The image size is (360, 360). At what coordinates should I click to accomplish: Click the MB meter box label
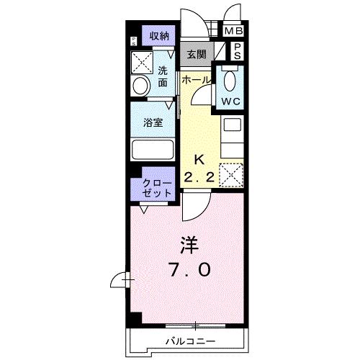tap(233, 31)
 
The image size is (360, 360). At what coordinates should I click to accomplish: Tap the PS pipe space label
tap(237, 51)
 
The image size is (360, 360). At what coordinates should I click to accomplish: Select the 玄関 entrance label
tap(197, 55)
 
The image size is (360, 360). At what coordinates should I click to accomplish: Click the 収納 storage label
tap(159, 36)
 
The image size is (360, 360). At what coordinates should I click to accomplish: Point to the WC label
tap(230, 102)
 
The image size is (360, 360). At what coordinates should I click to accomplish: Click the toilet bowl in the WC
tap(230, 81)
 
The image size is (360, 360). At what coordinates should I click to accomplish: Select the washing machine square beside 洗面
tap(142, 63)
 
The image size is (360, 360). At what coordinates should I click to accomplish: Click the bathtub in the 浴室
tap(153, 150)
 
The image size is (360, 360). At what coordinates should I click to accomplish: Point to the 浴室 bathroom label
tap(153, 122)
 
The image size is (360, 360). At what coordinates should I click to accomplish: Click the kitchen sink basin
tap(232, 125)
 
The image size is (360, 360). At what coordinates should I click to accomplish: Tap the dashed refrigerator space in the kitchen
tap(231, 175)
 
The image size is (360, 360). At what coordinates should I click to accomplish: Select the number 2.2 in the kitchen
tap(199, 178)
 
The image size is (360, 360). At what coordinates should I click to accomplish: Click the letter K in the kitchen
tap(199, 160)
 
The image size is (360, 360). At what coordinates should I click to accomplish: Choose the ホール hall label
tap(196, 81)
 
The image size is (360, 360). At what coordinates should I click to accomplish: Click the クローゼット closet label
tap(157, 189)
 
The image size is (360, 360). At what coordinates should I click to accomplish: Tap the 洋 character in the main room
tap(189, 246)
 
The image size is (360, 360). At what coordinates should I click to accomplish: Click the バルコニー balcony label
tap(191, 341)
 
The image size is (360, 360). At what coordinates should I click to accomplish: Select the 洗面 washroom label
tap(163, 76)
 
